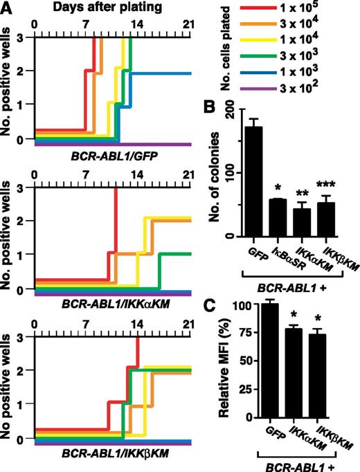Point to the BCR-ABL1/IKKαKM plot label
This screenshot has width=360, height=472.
(x=105, y=305)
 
